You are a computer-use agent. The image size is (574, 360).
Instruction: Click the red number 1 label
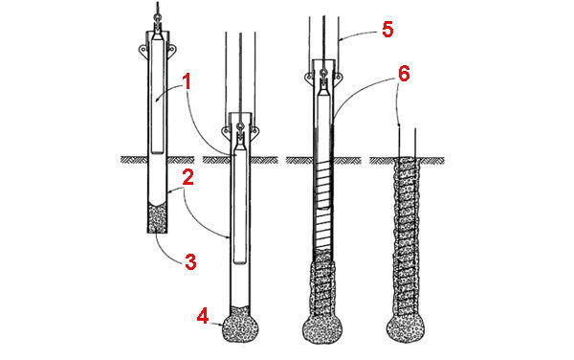[x=188, y=82]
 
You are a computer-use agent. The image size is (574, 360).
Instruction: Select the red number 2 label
[x=188, y=178]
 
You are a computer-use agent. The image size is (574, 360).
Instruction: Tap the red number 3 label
[x=190, y=261]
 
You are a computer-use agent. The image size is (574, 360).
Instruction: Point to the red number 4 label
[x=203, y=315]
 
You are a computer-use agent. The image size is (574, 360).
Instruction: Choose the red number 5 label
[x=387, y=30]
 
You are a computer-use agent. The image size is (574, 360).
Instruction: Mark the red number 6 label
[x=404, y=75]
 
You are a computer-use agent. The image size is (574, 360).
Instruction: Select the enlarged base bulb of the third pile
[x=322, y=329]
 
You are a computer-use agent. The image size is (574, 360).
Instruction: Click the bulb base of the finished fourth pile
[x=406, y=328]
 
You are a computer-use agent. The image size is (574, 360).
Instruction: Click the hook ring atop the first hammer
[x=158, y=17]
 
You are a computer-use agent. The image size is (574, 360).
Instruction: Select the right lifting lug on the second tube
[x=254, y=130]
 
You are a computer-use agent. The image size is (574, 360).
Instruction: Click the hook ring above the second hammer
[x=240, y=126]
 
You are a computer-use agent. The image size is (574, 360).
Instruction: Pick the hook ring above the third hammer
[x=323, y=72]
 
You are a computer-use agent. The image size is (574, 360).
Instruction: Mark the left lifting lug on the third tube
[x=309, y=77]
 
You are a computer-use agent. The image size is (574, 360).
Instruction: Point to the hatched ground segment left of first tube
[x=134, y=160]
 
